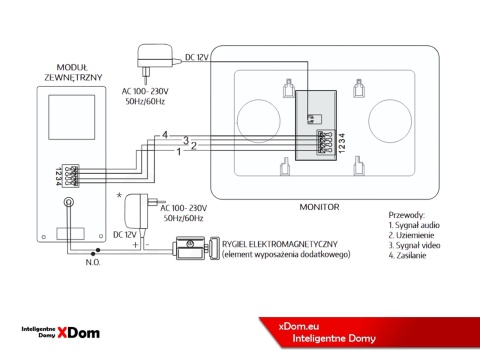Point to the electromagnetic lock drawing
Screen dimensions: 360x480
192,246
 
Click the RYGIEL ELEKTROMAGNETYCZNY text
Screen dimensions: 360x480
282,245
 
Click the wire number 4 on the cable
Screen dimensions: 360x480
165,134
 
